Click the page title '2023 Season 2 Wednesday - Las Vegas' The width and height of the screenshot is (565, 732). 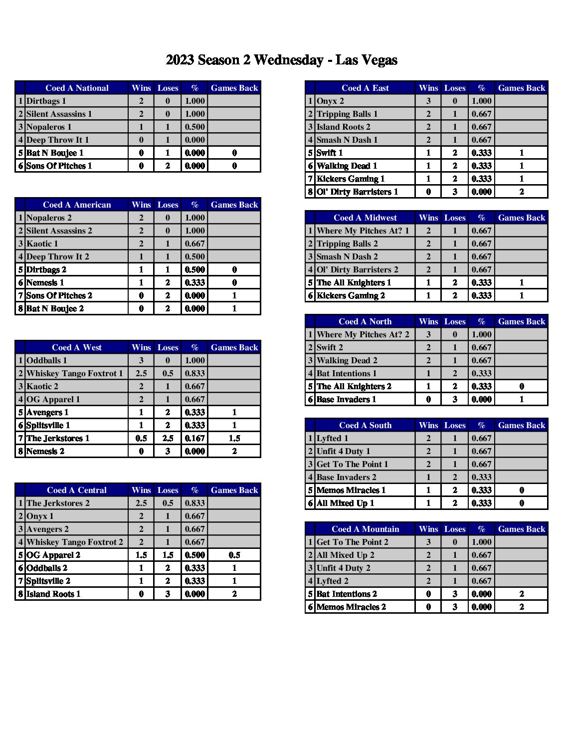point(282,60)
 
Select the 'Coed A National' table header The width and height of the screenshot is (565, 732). point(77,88)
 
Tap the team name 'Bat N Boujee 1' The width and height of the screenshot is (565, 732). point(55,153)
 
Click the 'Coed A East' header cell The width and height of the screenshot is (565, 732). point(365,88)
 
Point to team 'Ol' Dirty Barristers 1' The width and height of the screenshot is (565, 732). point(357,192)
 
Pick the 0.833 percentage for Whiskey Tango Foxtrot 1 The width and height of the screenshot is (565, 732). point(194,373)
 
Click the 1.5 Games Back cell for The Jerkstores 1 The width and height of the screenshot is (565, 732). point(234,438)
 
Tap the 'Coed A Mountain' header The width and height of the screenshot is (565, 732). point(365,529)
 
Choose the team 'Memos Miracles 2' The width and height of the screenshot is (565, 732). point(351,607)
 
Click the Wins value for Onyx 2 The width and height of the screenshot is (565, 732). point(428,101)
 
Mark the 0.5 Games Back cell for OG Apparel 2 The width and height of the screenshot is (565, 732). point(234,555)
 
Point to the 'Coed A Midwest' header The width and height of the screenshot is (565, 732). point(365,218)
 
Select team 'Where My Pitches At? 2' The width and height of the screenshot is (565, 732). point(363,334)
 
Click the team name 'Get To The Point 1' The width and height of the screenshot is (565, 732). point(352,464)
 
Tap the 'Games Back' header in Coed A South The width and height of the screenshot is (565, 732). point(522,425)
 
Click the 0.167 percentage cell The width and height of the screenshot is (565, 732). point(194,438)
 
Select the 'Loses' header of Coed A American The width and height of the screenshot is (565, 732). point(168,205)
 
